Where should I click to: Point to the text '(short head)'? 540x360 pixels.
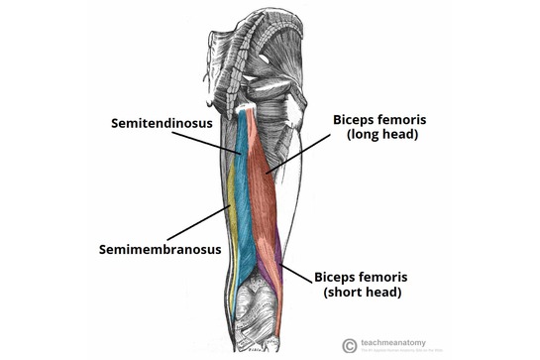pos(361,293)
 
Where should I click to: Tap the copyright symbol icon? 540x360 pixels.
pos(349,344)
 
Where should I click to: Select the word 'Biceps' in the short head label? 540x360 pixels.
pos(337,277)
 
